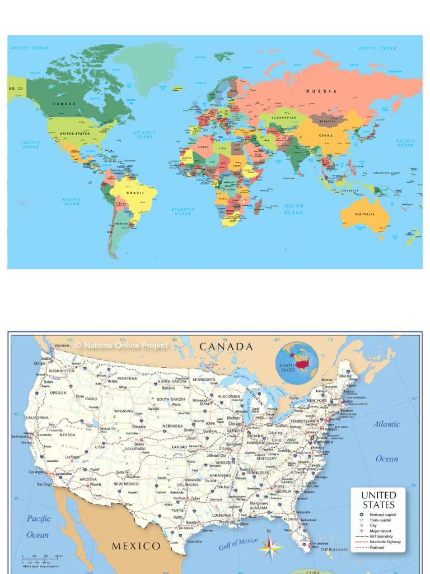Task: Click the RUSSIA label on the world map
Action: [x=321, y=91]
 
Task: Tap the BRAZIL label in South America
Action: [x=135, y=193]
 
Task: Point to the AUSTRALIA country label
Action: [x=364, y=214]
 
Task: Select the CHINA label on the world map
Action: [x=326, y=136]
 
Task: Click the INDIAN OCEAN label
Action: [x=293, y=209]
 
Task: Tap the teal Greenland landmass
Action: [x=148, y=62]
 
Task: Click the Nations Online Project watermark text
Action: [x=121, y=345]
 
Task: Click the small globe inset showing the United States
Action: [x=297, y=363]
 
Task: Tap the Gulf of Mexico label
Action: [x=239, y=543]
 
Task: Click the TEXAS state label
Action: [x=177, y=511]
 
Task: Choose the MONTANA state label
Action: [x=127, y=378]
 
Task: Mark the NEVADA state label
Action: [x=67, y=434]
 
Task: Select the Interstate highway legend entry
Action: [x=385, y=542]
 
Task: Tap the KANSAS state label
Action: [x=179, y=447]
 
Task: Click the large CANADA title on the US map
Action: [x=226, y=347]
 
